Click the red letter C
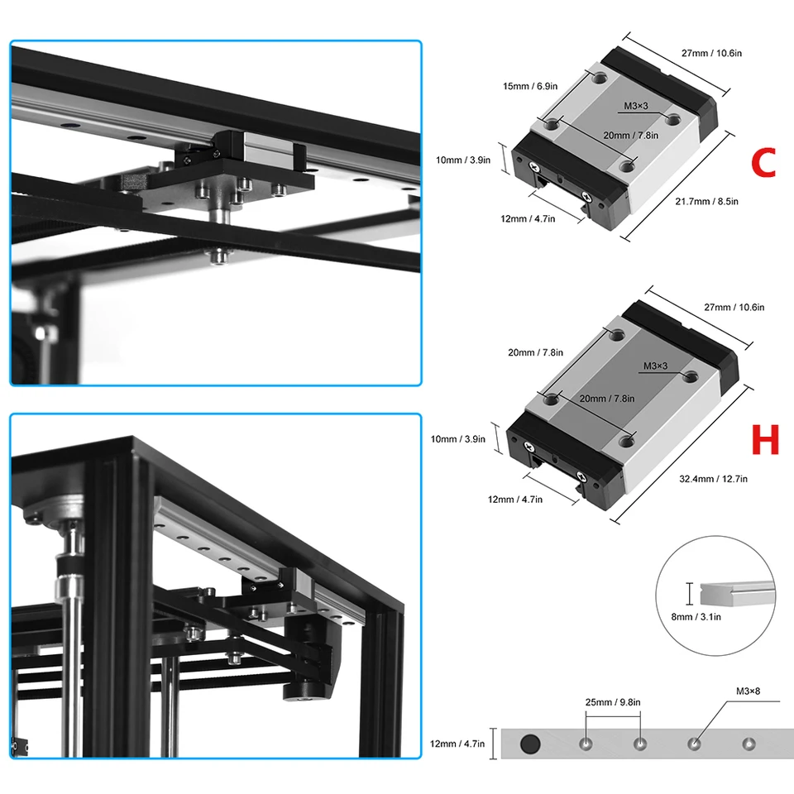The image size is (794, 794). coord(763,162)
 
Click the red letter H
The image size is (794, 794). coord(764,439)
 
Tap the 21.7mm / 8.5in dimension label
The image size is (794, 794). coord(706,202)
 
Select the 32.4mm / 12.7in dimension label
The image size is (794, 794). coord(713,479)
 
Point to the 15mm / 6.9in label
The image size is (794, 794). coord(530,86)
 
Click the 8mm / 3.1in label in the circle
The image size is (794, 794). coord(696,617)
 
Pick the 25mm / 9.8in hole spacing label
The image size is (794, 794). coord(613,702)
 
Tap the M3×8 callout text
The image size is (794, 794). coord(748,691)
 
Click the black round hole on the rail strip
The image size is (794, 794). coord(530,744)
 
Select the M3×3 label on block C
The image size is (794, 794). coord(635,106)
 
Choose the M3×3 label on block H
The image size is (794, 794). coord(655,366)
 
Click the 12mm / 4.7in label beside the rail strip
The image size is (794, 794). coord(457,744)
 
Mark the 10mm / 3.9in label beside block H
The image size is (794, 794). coord(457,439)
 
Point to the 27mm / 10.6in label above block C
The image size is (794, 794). coord(711,53)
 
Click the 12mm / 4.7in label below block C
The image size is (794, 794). coord(528,218)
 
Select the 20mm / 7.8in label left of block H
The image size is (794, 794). coord(535,352)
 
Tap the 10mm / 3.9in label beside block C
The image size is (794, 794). coord(463,160)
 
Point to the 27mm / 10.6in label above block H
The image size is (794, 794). coord(734,308)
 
